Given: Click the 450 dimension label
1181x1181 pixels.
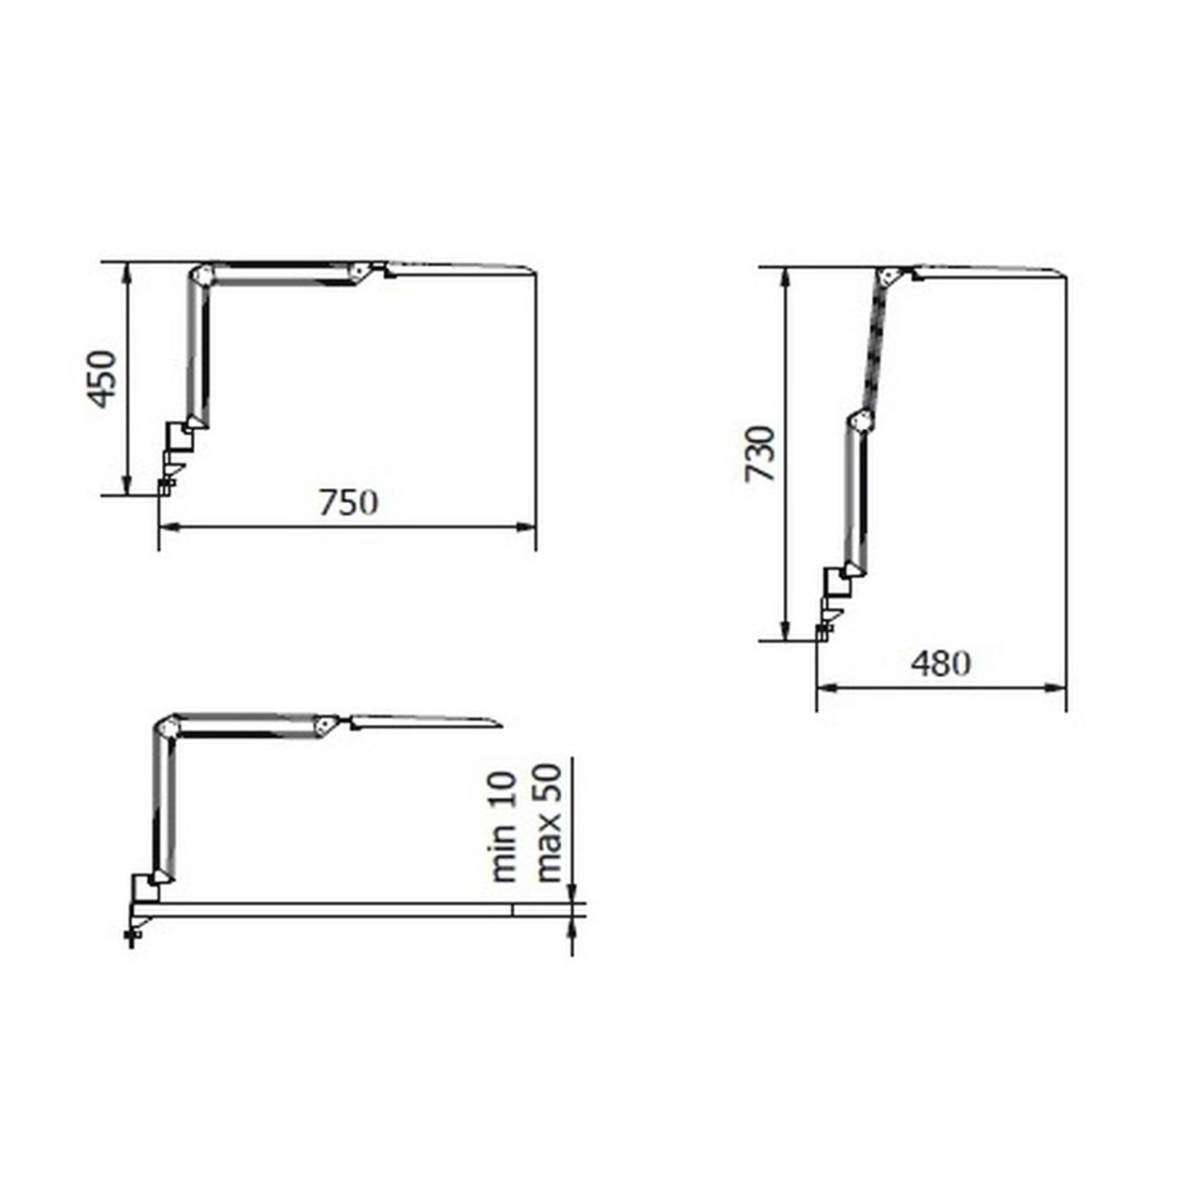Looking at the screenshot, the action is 101,379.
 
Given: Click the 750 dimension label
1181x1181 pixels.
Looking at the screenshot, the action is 348,504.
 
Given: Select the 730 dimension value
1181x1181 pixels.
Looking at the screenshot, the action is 761,453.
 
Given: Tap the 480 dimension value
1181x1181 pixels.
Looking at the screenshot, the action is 940,663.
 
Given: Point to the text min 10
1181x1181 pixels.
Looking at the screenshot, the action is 505,828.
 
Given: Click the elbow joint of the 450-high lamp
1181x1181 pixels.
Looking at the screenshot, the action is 201,275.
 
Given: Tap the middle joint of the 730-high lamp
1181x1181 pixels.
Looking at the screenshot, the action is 859,421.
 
